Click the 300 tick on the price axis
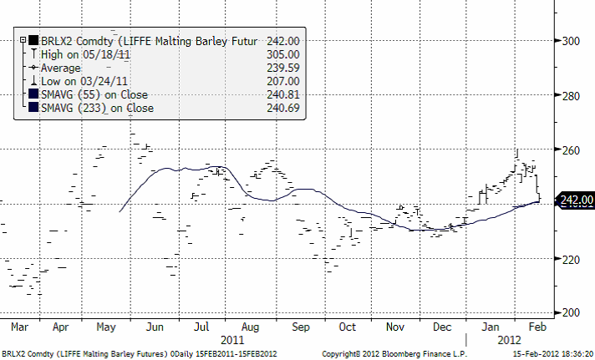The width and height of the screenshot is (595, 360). coord(572,40)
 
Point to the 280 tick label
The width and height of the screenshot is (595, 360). coord(572,96)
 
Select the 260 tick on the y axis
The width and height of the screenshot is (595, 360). coord(572,150)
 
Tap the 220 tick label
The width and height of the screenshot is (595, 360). coord(572,259)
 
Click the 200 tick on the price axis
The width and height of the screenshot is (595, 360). coord(572,312)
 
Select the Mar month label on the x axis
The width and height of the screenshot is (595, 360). coord(19,327)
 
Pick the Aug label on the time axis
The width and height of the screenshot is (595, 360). coord(250,327)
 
